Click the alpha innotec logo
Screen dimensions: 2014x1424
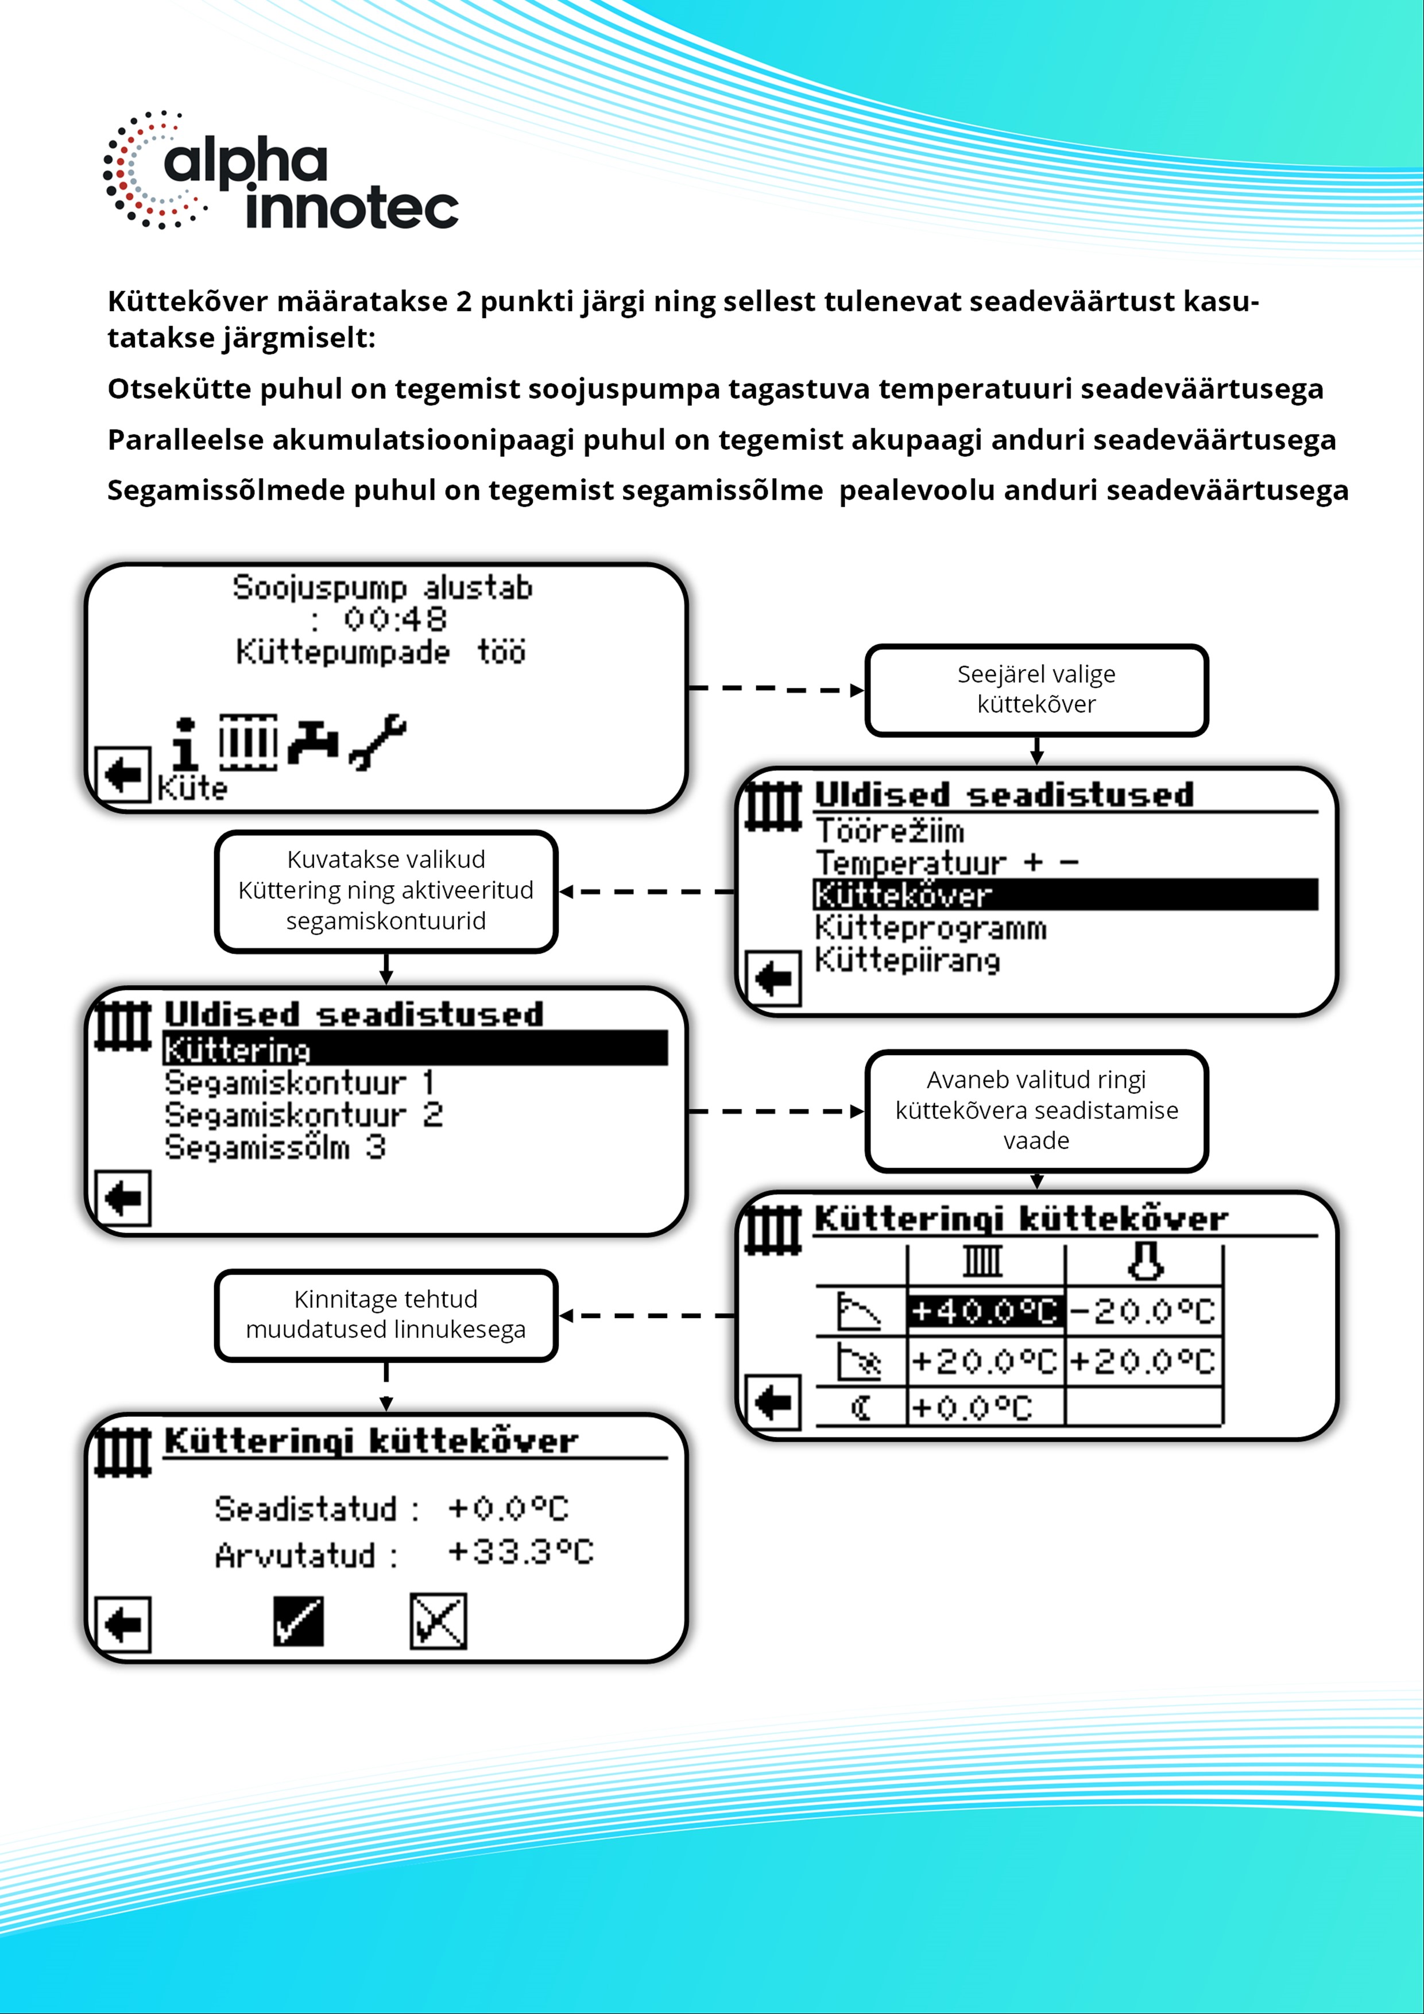[x=281, y=171]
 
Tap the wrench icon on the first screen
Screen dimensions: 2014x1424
[x=378, y=741]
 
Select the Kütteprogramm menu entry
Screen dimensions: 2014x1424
[x=930, y=928]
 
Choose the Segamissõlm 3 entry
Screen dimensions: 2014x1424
[x=274, y=1147]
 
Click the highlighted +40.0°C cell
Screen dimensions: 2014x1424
[x=984, y=1311]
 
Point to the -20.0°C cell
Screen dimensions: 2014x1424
[x=1143, y=1311]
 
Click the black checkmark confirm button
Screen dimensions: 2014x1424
[x=299, y=1621]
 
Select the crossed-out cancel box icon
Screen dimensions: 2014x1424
[x=438, y=1621]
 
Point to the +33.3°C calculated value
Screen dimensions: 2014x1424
[x=520, y=1552]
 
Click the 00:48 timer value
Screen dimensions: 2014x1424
[x=395, y=619]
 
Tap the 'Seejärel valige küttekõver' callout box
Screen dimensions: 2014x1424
[x=1036, y=690]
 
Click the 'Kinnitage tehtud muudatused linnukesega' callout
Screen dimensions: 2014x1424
[x=386, y=1314]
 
